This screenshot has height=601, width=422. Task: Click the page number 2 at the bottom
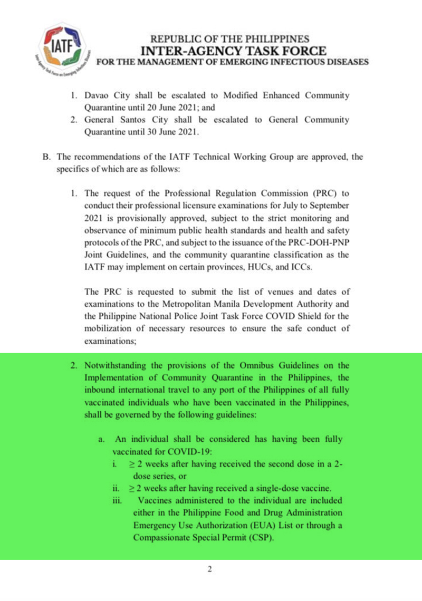(209, 569)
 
